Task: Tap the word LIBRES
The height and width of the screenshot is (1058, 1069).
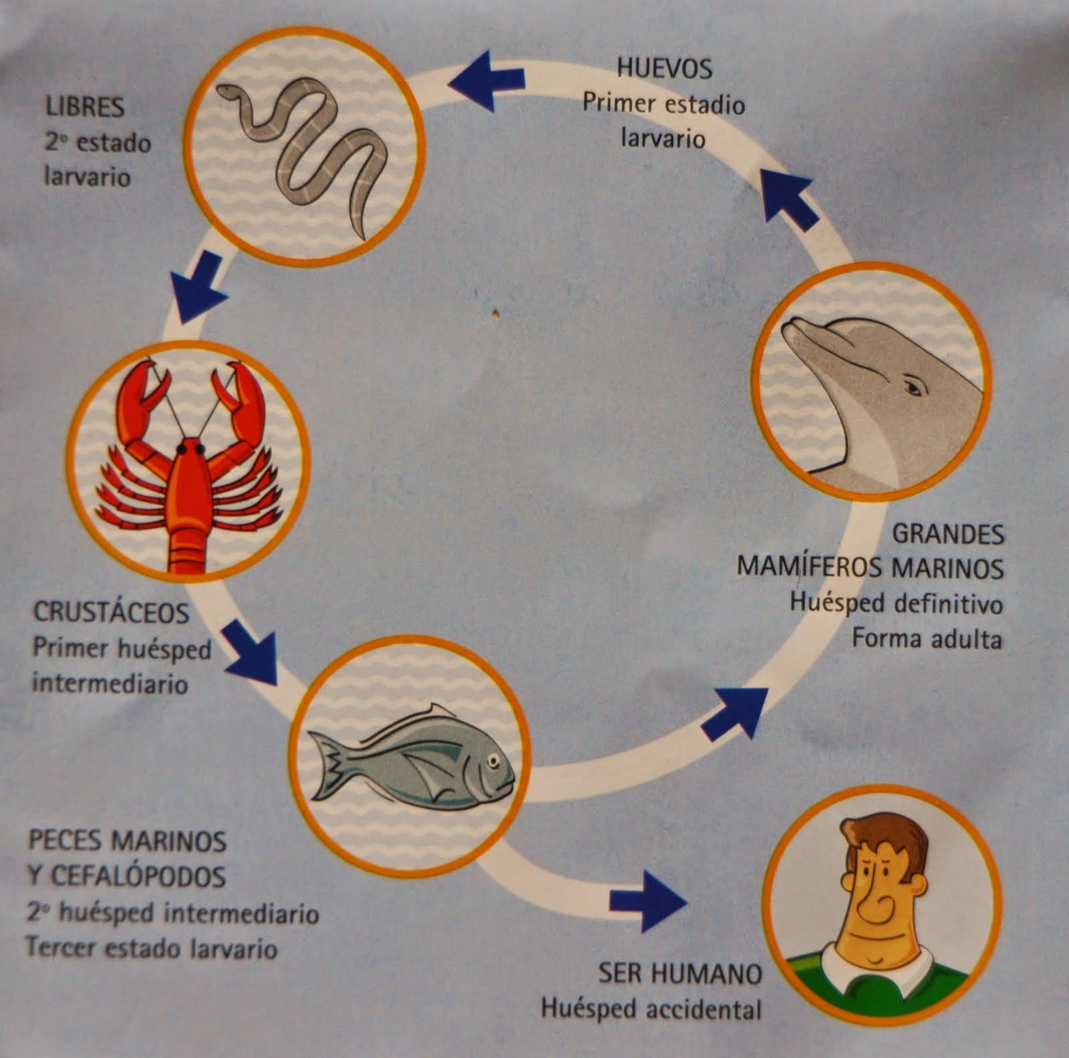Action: [85, 107]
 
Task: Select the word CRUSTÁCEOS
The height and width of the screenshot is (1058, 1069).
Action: [112, 613]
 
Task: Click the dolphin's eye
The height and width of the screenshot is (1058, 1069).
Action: [913, 387]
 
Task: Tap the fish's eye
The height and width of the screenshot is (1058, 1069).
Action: [493, 760]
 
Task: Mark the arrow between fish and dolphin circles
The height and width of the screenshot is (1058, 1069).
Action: [734, 711]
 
